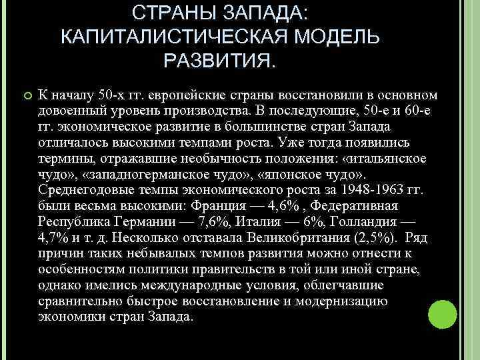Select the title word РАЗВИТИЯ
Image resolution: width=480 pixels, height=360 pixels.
click(x=219, y=63)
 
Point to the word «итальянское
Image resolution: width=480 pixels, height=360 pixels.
click(x=375, y=159)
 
